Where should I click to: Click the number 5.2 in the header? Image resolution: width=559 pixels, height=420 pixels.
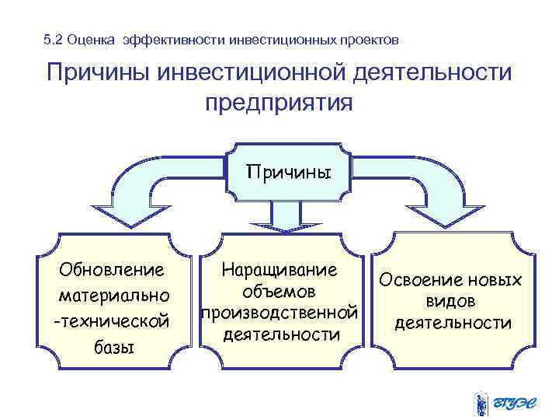click(54, 39)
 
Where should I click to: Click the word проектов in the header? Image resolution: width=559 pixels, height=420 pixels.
click(371, 39)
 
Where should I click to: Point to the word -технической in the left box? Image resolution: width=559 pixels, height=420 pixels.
click(109, 320)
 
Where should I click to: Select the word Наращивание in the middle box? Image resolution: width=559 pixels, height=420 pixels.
click(279, 270)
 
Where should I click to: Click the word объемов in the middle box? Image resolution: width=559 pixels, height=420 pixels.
click(279, 292)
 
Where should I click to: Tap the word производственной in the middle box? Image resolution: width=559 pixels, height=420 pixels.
click(279, 313)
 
